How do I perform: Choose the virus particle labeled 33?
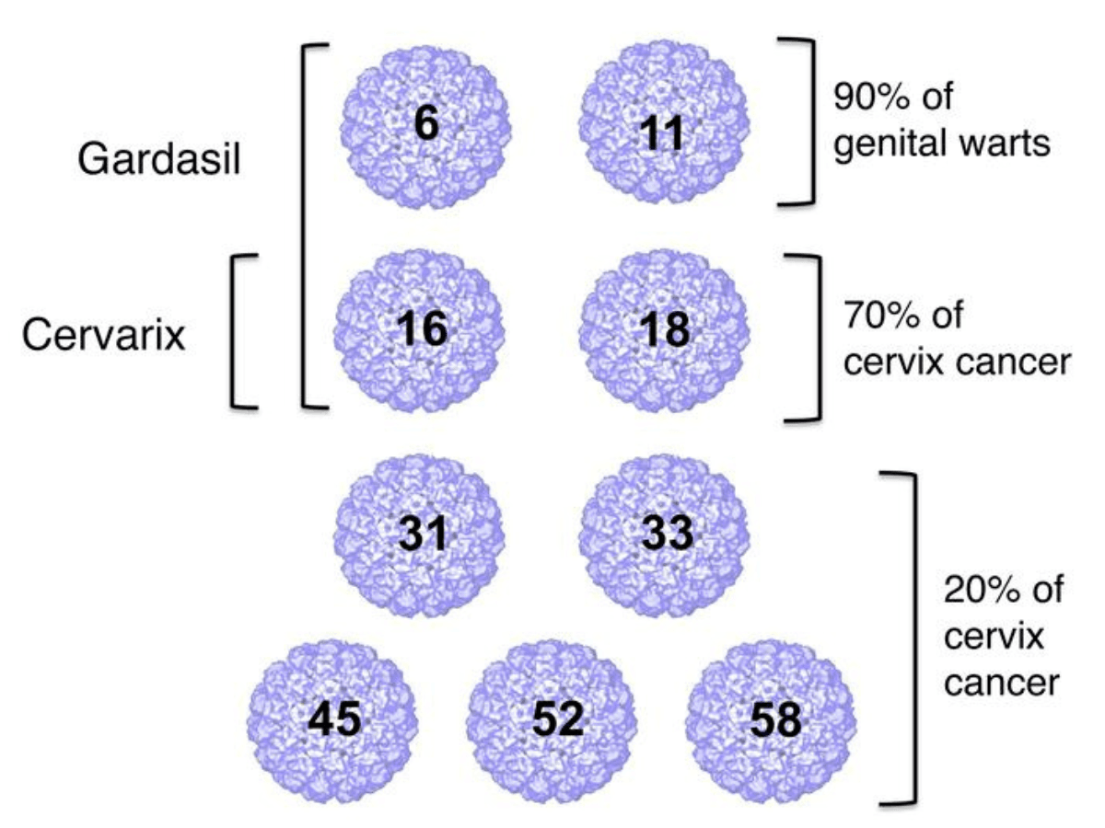pos(663,534)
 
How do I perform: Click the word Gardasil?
pos(159,160)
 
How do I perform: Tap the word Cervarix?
pos(103,337)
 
